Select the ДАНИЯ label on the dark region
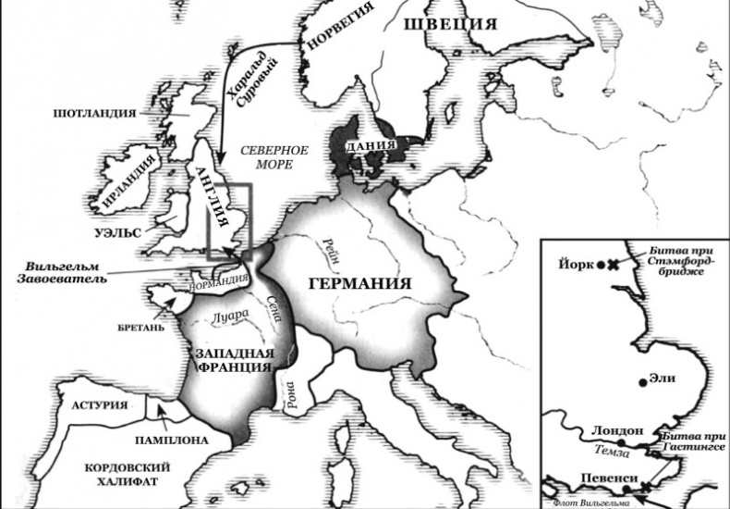(371, 146)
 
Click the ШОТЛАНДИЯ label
(93, 113)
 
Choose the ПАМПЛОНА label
(172, 441)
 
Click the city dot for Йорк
(601, 265)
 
